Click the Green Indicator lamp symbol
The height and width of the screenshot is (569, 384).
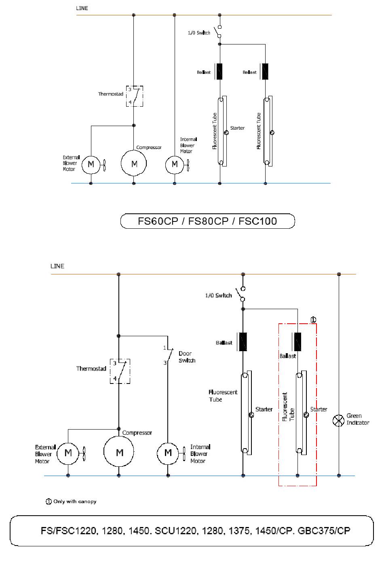pos(338,420)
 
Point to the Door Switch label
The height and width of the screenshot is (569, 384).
pos(187,357)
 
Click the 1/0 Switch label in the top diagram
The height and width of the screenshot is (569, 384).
pos(199,33)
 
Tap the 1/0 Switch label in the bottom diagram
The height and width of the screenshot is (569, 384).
pos(219,295)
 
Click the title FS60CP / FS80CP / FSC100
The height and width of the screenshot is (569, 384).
pos(207,221)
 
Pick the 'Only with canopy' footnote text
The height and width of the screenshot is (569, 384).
pos(75,502)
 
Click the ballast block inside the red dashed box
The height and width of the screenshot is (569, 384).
pos(297,341)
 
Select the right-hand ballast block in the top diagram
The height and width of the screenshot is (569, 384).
pos(265,72)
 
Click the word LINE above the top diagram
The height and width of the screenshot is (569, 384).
pos(82,8)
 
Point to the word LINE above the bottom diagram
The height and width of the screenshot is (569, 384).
pos(57,266)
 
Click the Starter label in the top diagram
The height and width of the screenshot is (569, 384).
pos(237,128)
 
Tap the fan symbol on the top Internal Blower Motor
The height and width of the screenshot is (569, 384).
pos(188,165)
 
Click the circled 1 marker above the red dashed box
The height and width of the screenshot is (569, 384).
pos(313,320)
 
